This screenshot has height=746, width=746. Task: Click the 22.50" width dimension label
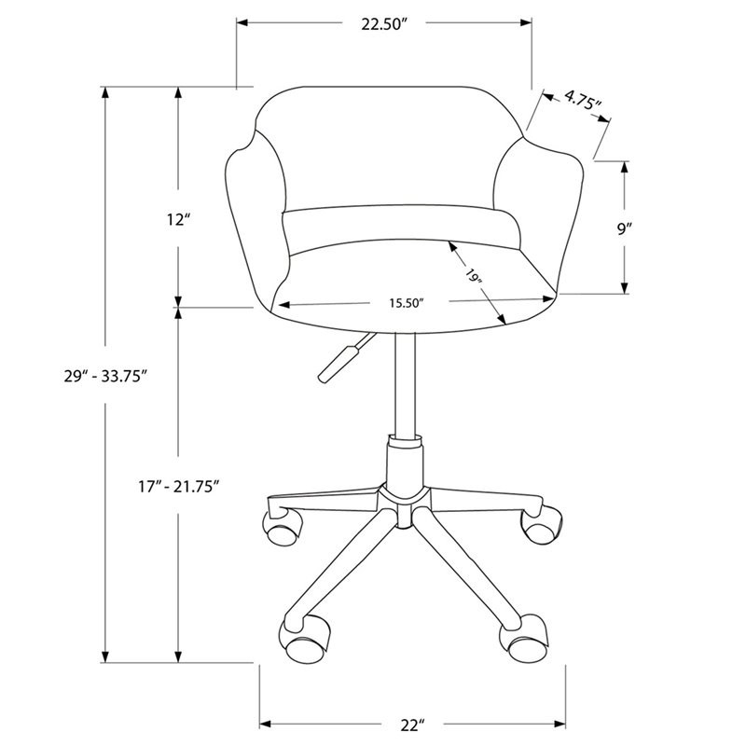tap(382, 24)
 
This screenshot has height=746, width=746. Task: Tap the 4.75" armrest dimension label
tap(584, 100)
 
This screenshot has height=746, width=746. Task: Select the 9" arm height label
tap(624, 228)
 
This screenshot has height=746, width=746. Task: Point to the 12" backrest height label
tap(178, 220)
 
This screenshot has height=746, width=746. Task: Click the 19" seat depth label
tap(474, 276)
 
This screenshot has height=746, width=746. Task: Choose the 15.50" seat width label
tap(407, 303)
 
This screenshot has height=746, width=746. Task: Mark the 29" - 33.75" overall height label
tap(104, 377)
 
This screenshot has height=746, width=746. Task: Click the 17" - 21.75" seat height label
tap(178, 487)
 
